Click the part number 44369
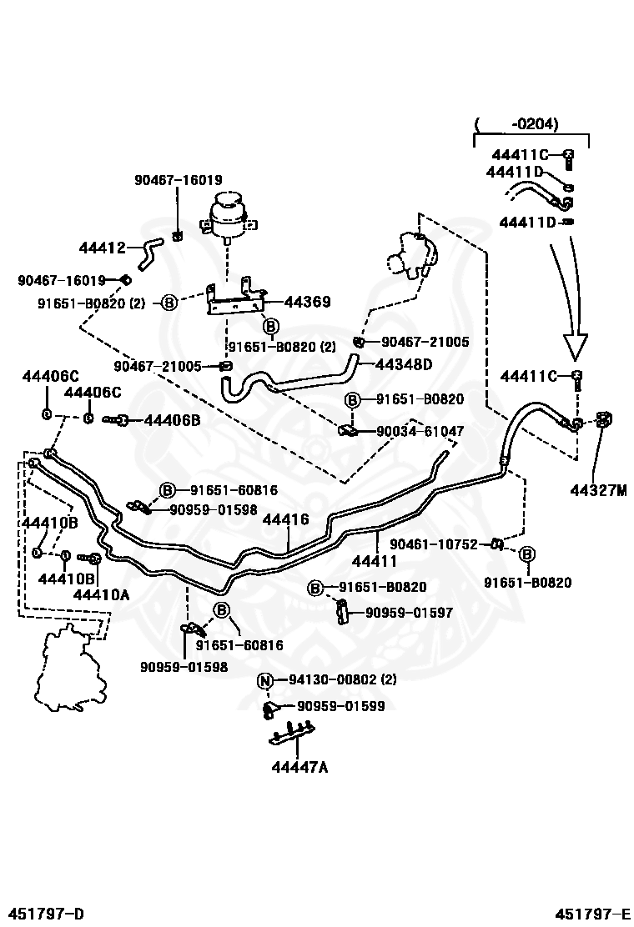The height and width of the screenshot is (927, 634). [307, 302]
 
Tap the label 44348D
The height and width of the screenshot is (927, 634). [404, 364]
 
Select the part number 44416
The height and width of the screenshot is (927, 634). [285, 519]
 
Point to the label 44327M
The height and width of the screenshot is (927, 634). [598, 490]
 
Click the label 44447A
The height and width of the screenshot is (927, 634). [299, 767]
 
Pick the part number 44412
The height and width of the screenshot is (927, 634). [103, 248]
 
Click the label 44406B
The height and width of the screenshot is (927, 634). [172, 420]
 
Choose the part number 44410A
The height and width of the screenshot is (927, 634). [101, 594]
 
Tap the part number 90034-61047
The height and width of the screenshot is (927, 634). [420, 431]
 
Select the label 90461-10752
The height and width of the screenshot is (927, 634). [434, 544]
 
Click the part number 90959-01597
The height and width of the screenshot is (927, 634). [410, 613]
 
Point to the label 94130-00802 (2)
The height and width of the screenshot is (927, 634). [342, 680]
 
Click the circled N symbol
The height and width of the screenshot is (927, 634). [264, 681]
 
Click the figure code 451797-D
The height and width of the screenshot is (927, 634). [46, 914]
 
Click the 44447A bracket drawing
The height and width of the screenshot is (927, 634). [292, 733]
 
